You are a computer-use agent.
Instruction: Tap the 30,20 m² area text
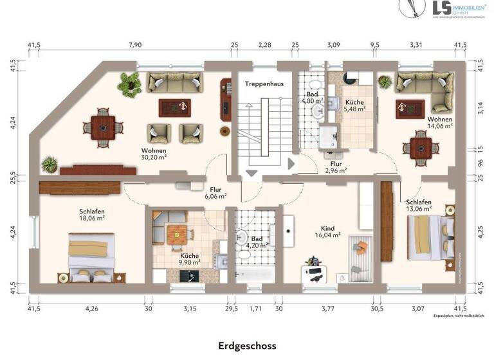coord(154,156)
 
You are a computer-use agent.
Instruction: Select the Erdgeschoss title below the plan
coord(246,346)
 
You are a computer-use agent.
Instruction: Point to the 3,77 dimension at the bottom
coord(328,309)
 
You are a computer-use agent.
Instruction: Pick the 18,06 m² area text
coord(92,219)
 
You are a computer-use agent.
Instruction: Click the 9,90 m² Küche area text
coord(190,262)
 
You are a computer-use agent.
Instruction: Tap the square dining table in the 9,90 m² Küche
coord(176,235)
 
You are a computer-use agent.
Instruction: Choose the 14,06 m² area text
coord(440,127)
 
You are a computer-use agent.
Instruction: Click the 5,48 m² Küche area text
coord(354,109)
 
